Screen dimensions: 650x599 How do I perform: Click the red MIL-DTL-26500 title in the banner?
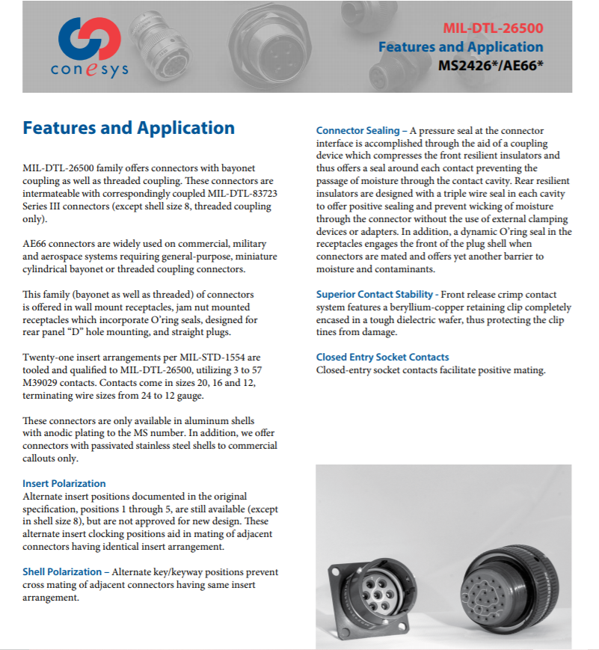coord(493,30)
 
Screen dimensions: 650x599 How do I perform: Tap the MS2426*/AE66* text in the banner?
coord(490,65)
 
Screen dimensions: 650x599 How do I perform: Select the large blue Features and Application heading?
coord(129,128)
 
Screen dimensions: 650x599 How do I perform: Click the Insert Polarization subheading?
coord(64,483)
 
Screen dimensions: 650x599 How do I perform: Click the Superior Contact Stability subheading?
coord(374,295)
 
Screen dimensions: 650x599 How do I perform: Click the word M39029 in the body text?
coord(44,382)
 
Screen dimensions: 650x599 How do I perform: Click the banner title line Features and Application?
coord(461,47)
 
